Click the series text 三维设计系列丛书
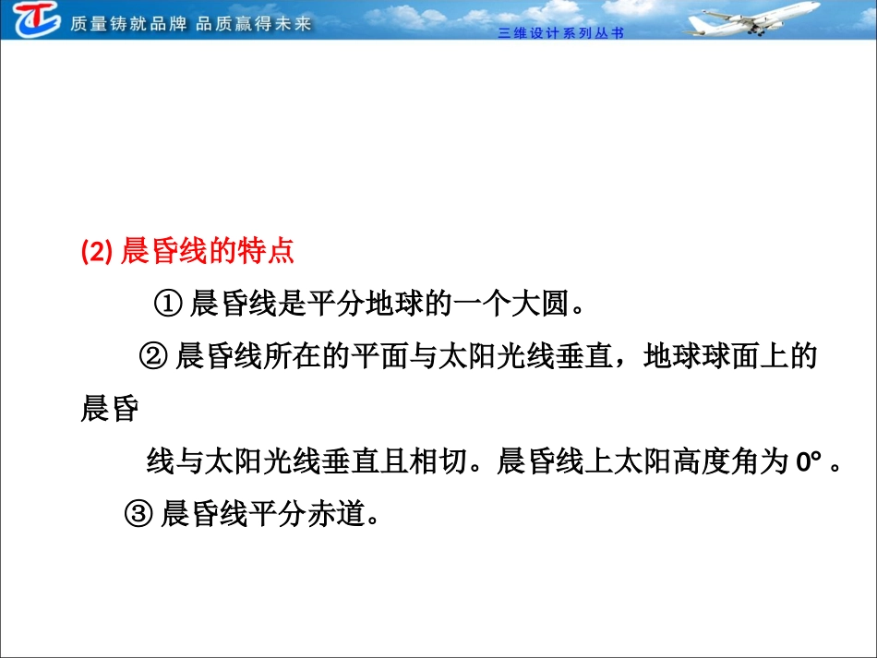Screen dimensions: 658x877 click(x=561, y=33)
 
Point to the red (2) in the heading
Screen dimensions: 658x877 click(x=97, y=252)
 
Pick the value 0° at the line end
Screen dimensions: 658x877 click(x=809, y=461)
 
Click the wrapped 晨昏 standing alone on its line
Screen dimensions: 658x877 click(x=109, y=409)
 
